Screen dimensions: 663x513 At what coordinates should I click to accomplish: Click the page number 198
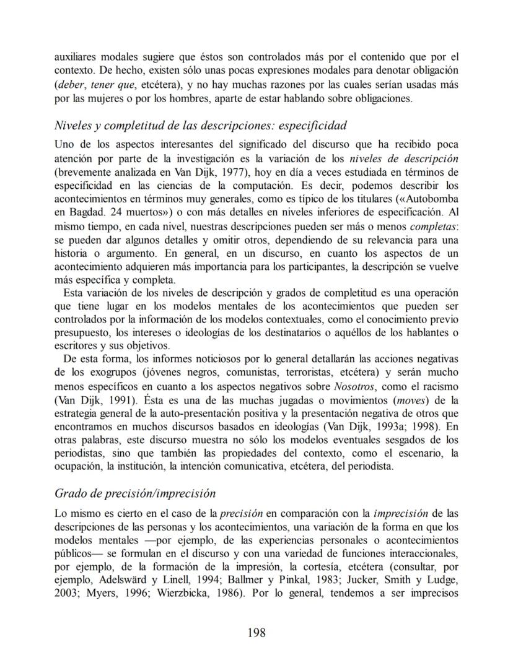tap(256, 632)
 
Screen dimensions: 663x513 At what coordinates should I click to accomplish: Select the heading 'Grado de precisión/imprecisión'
tap(135, 493)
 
